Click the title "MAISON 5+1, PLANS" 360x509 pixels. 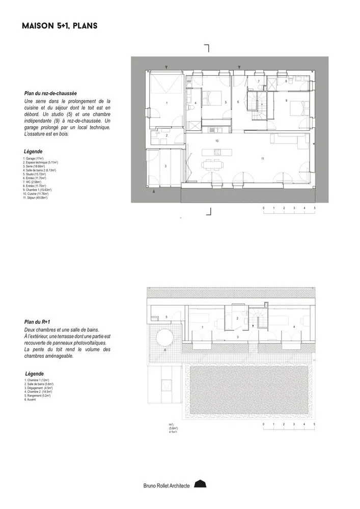pos(60,25)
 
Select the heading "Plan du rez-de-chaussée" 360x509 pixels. pos(50,94)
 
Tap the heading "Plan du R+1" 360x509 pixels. pos(38,322)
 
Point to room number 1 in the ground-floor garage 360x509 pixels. pos(167,103)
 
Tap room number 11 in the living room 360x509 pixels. pos(262,159)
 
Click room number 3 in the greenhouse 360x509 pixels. pos(165,166)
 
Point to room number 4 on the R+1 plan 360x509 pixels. pos(294,326)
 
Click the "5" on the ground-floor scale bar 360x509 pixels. pos(315,209)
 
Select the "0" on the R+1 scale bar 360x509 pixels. pos(263,424)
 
